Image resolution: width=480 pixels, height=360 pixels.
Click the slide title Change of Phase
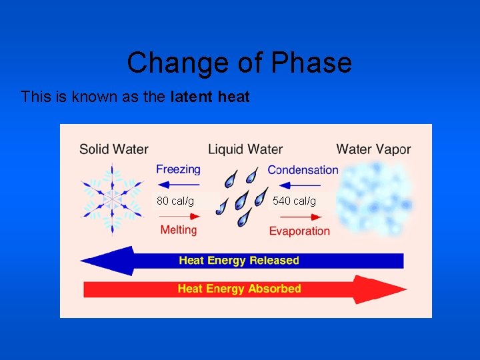tap(239, 63)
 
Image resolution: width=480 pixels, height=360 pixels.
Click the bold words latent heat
tap(210, 97)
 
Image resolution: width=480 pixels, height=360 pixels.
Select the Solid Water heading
tap(114, 149)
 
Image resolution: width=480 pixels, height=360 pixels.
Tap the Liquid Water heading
tap(245, 149)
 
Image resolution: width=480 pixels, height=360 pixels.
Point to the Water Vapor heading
tap(373, 149)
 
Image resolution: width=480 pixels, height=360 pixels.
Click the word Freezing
tap(178, 169)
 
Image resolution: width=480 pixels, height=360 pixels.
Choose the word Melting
tap(179, 230)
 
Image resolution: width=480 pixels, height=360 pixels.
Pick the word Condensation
tap(303, 170)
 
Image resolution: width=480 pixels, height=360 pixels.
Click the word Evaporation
tap(299, 231)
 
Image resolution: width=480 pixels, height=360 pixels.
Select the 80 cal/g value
tap(175, 201)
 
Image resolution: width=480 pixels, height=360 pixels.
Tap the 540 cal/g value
tap(294, 201)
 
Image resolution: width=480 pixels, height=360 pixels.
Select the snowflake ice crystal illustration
tap(112, 198)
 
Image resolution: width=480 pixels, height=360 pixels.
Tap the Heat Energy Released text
tap(239, 260)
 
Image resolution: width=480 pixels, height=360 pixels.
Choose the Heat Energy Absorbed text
tap(239, 289)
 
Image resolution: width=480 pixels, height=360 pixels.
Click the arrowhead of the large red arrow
tap(390, 289)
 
